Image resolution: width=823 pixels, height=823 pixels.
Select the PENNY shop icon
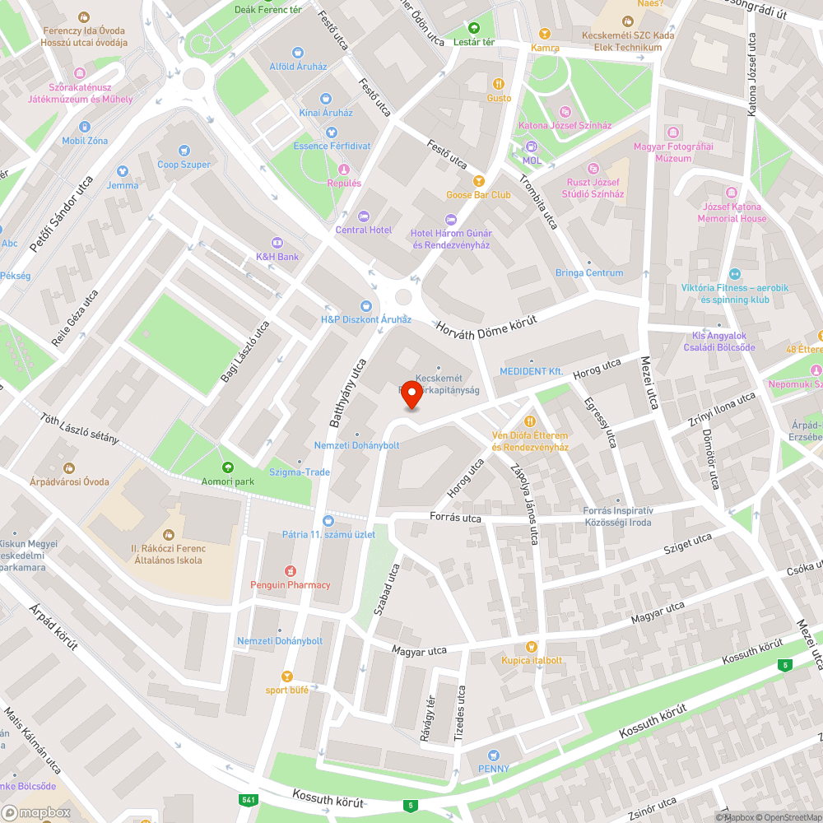(493, 755)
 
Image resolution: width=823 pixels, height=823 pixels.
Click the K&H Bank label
(277, 257)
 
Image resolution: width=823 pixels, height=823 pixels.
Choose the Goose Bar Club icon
(478, 181)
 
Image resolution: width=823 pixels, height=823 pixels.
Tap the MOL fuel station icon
(532, 146)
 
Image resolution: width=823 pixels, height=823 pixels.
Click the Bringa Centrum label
(589, 273)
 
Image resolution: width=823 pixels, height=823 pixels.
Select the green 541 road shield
(248, 800)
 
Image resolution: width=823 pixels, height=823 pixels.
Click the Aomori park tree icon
(226, 467)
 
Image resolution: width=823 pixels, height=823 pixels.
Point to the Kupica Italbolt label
(532, 660)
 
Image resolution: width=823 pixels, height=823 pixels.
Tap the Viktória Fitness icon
(735, 274)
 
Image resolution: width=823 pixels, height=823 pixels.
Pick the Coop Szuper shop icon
(184, 151)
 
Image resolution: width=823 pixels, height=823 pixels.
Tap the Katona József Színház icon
(565, 112)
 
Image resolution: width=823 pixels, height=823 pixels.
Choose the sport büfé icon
(287, 676)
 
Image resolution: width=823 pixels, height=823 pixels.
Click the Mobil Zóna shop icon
(85, 127)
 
